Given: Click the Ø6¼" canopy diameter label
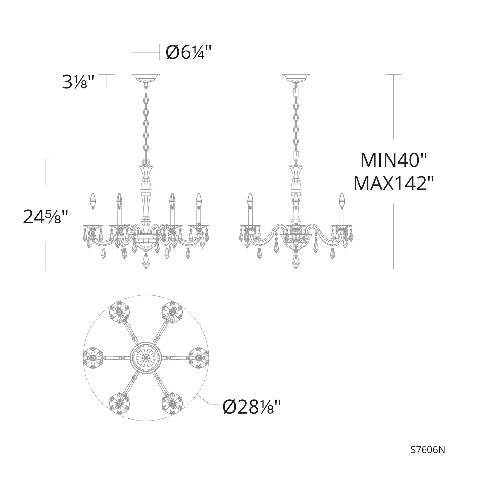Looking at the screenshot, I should [x=188, y=52].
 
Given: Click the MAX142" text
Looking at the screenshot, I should [x=393, y=184].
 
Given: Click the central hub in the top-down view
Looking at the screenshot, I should [x=146, y=358].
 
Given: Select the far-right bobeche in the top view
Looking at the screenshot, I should [x=199, y=358].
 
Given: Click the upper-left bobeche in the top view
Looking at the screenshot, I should [x=119, y=312].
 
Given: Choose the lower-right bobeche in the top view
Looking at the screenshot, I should [x=172, y=403].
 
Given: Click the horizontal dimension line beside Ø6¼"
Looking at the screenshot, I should [x=146, y=52].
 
